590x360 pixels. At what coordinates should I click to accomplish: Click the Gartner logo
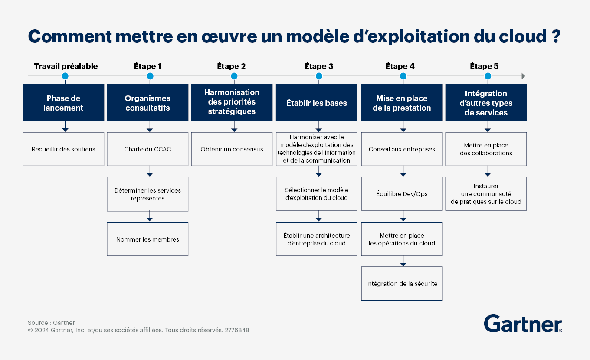point(523,324)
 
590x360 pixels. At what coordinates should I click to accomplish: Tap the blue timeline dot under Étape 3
point(319,76)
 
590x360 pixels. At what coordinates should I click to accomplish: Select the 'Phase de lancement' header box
point(63,103)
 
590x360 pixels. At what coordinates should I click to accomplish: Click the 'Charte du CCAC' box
point(147,149)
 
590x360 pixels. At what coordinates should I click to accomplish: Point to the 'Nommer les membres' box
point(147,239)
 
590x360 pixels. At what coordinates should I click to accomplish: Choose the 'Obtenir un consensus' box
point(232,149)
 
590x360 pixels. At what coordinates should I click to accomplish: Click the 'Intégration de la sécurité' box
point(402,284)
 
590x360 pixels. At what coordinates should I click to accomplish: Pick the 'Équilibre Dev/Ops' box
point(402,194)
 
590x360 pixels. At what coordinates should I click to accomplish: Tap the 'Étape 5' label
point(484,66)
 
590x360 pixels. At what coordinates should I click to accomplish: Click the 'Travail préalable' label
point(66,66)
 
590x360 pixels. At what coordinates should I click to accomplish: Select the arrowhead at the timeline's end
point(523,76)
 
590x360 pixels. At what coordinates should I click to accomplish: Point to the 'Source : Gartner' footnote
point(51,323)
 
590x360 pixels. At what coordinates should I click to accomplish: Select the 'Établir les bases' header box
point(317,103)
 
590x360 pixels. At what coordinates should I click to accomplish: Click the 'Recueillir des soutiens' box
point(63,149)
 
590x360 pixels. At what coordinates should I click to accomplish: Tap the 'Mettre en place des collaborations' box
point(486,149)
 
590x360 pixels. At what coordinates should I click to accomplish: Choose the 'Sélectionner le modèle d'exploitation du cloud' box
point(317,194)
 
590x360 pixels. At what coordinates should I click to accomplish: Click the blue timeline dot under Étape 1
point(150,76)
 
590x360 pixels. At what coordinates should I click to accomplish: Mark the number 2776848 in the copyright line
point(237,330)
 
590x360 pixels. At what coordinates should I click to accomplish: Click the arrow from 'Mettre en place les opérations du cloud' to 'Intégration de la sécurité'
point(403,261)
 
